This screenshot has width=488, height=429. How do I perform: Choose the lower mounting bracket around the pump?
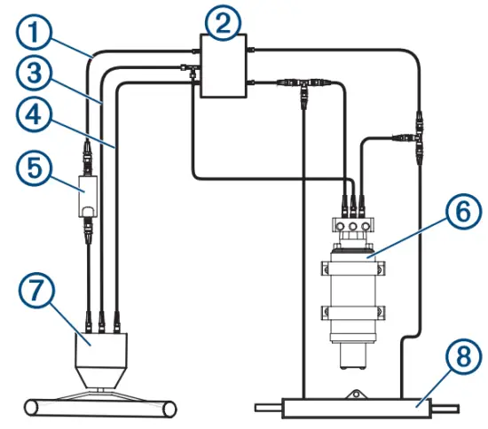pos(354,312)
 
